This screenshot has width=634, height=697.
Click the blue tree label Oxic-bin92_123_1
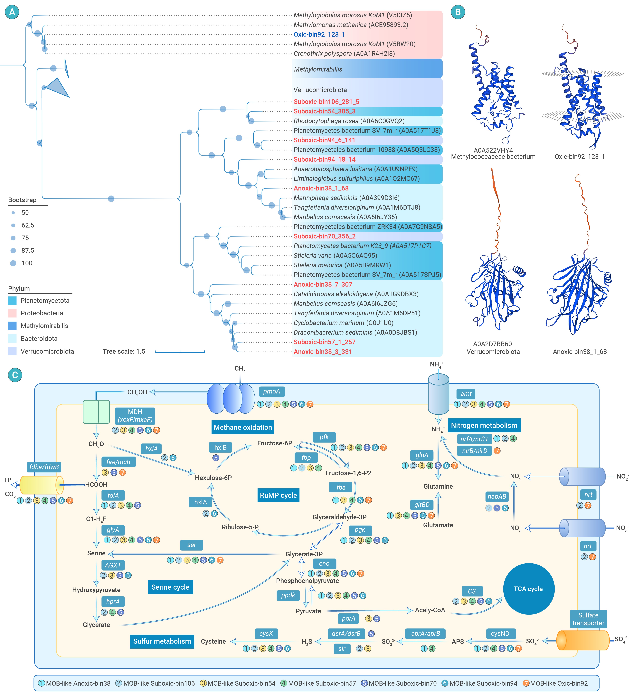coord(319,34)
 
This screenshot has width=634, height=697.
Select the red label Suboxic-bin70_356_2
coord(324,236)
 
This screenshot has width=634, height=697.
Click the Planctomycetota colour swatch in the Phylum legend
coord(12,300)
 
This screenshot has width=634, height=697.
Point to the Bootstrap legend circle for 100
coord(13,263)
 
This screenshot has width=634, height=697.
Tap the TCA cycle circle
coord(529,589)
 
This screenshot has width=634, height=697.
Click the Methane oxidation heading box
coord(243,427)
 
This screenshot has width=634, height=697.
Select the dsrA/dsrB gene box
coord(346,633)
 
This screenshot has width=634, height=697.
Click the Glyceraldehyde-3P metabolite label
coord(339,517)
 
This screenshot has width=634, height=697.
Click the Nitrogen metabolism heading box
coord(484,425)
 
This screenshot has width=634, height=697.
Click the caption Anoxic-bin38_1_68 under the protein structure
coord(580,352)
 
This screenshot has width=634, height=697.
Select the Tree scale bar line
coord(180,352)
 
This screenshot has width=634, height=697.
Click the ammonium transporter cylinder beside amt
coord(439,394)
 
